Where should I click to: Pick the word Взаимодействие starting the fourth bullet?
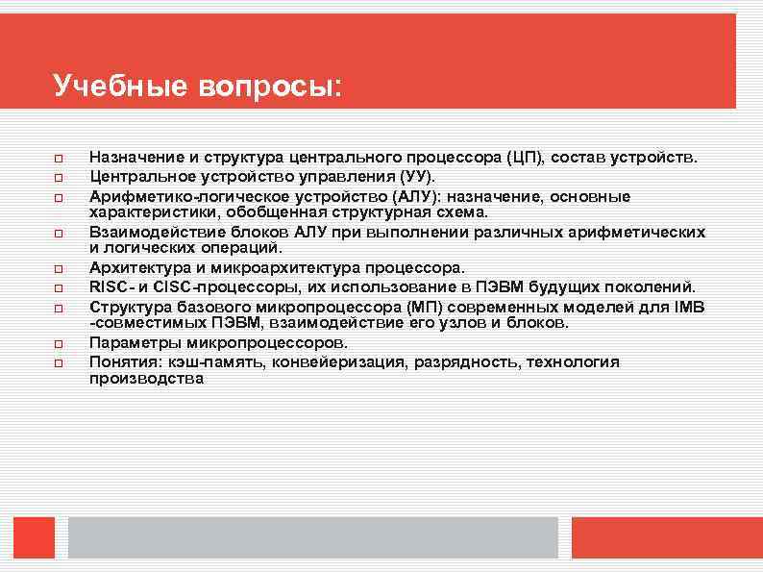click(150, 233)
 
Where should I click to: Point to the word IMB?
click(690, 308)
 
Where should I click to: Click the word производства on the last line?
click(146, 379)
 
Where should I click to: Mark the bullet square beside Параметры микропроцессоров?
click(59, 343)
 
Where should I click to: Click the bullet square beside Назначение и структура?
click(59, 158)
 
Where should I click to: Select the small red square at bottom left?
click(34, 537)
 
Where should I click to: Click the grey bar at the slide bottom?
click(312, 537)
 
